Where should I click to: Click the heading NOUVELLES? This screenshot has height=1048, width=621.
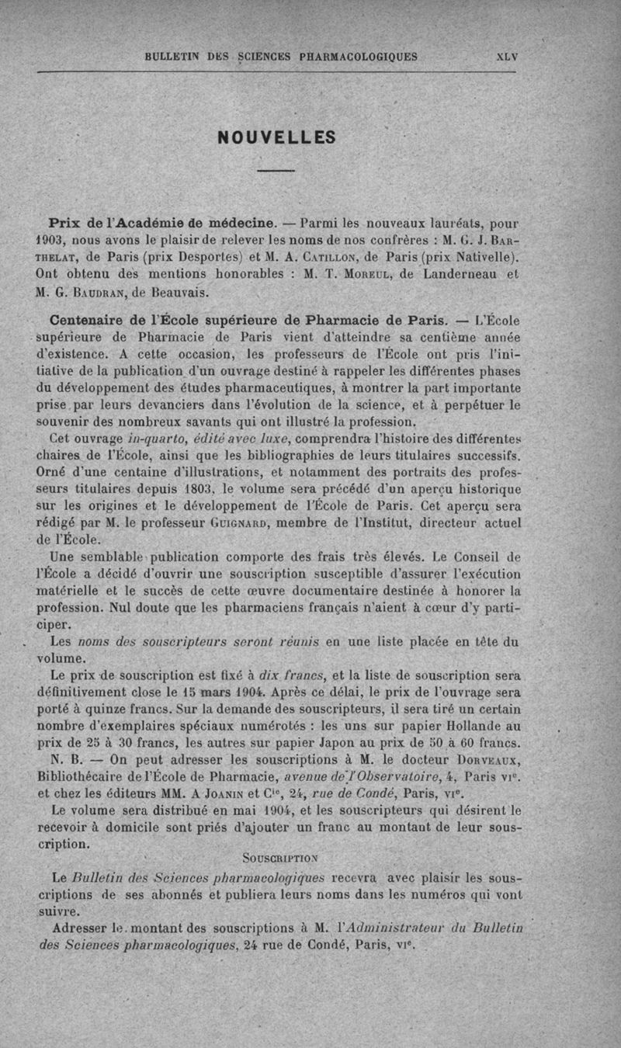[276, 137]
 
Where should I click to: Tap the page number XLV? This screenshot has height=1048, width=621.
[507, 57]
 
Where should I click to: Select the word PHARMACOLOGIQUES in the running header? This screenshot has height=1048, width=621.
[359, 57]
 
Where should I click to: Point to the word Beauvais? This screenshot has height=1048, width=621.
[178, 292]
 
